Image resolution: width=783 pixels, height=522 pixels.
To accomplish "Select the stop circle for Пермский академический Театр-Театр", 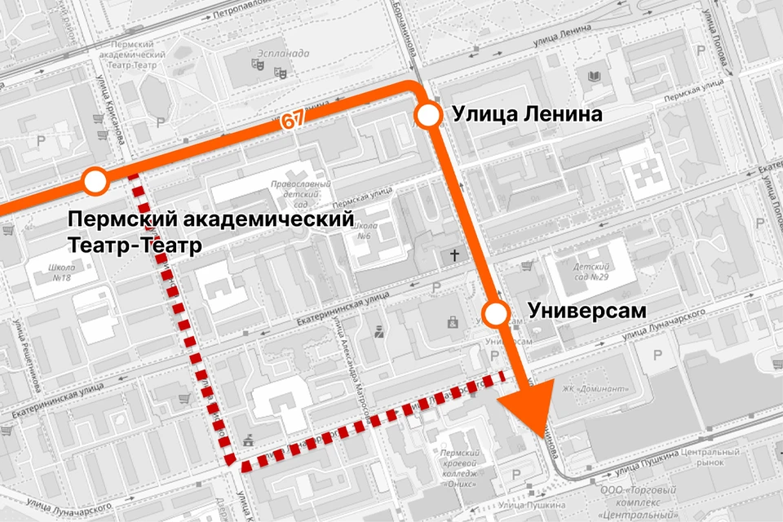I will (x=96, y=182).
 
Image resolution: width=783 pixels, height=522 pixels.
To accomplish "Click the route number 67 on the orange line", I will (x=294, y=119).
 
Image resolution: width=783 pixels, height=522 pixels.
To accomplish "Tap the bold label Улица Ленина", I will (x=527, y=115).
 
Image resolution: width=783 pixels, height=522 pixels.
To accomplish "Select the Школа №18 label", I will (x=61, y=272).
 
